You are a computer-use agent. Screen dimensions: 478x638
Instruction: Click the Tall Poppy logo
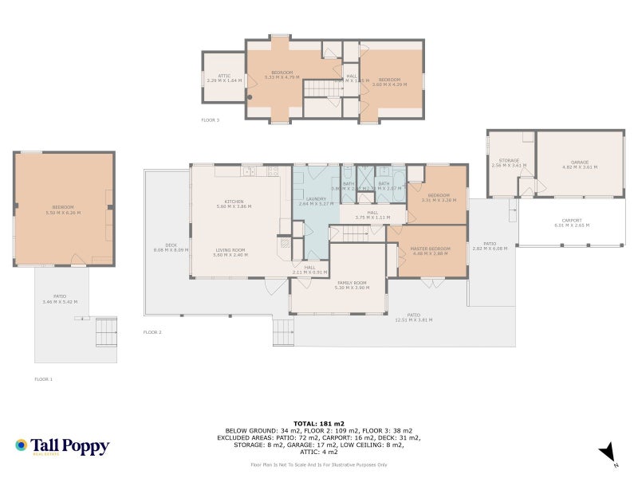(61, 446)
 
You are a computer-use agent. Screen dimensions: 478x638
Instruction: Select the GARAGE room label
(580, 163)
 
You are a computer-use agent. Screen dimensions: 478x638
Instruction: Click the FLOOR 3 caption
(210, 120)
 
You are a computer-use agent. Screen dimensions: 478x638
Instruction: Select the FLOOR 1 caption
(43, 379)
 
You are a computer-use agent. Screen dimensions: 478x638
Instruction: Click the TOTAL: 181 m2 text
(319, 423)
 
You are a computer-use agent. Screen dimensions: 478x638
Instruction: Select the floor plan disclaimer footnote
(319, 464)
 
